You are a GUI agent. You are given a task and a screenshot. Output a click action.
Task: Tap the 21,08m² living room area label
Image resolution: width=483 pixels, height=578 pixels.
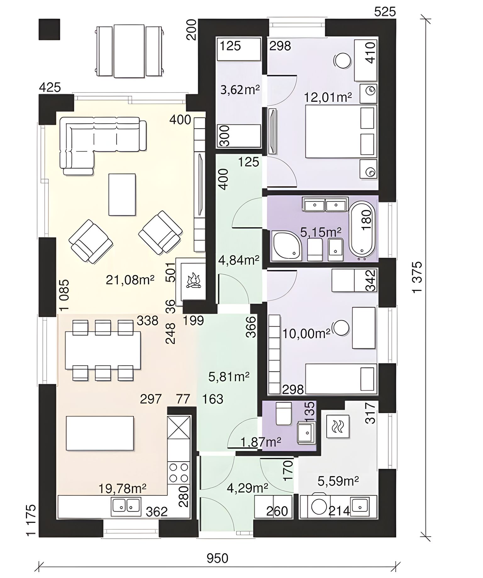coord(130,280)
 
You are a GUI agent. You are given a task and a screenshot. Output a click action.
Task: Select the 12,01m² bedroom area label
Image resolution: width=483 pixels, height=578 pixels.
coord(327,97)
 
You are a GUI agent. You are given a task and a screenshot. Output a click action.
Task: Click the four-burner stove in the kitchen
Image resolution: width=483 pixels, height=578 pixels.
coord(179,473)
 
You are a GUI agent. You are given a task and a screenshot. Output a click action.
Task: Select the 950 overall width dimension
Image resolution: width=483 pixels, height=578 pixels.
coord(217,558)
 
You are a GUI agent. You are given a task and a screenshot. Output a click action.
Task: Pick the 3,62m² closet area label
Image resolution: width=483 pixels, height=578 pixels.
coord(240,90)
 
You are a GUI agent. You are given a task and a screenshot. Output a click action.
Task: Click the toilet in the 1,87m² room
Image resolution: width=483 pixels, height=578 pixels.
coord(283,413)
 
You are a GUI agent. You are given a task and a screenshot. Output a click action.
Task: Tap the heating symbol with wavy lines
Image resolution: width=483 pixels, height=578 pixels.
coord(338,426)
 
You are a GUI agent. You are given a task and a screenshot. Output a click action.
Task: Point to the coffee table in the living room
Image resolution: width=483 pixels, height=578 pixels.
coord(122,195)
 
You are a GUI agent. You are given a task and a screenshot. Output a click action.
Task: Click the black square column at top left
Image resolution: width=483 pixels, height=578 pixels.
coord(49,30)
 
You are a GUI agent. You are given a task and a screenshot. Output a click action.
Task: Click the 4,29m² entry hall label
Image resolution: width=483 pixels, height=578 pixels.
coord(247,488)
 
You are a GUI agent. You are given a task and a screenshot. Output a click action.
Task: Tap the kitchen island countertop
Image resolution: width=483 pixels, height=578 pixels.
coord(100,433)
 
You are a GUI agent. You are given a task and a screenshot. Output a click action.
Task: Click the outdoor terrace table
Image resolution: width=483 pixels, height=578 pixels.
coord(129,51)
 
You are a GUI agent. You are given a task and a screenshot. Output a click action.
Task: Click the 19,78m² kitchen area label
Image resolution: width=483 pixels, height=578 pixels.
coord(122,489)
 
